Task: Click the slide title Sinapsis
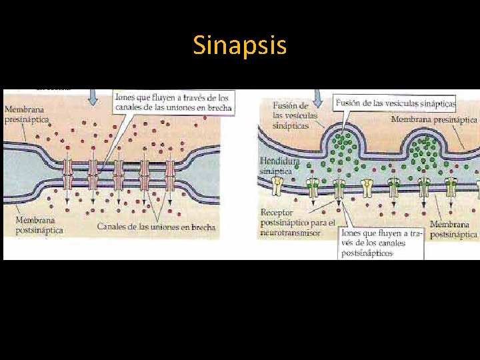tap(240, 45)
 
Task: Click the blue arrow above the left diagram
tap(93, 97)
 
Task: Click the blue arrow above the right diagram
tap(318, 99)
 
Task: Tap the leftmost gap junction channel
tap(67, 175)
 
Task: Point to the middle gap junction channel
tap(119, 175)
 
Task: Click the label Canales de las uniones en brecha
tap(157, 227)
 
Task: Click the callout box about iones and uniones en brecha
tap(173, 103)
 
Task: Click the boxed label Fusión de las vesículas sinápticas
tap(396, 103)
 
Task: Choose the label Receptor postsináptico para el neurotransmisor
tap(297, 223)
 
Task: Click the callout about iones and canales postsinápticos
tap(381, 243)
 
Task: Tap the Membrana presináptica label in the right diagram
tap(434, 119)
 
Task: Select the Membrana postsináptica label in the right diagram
tap(453, 229)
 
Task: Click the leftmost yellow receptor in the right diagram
tap(312, 189)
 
